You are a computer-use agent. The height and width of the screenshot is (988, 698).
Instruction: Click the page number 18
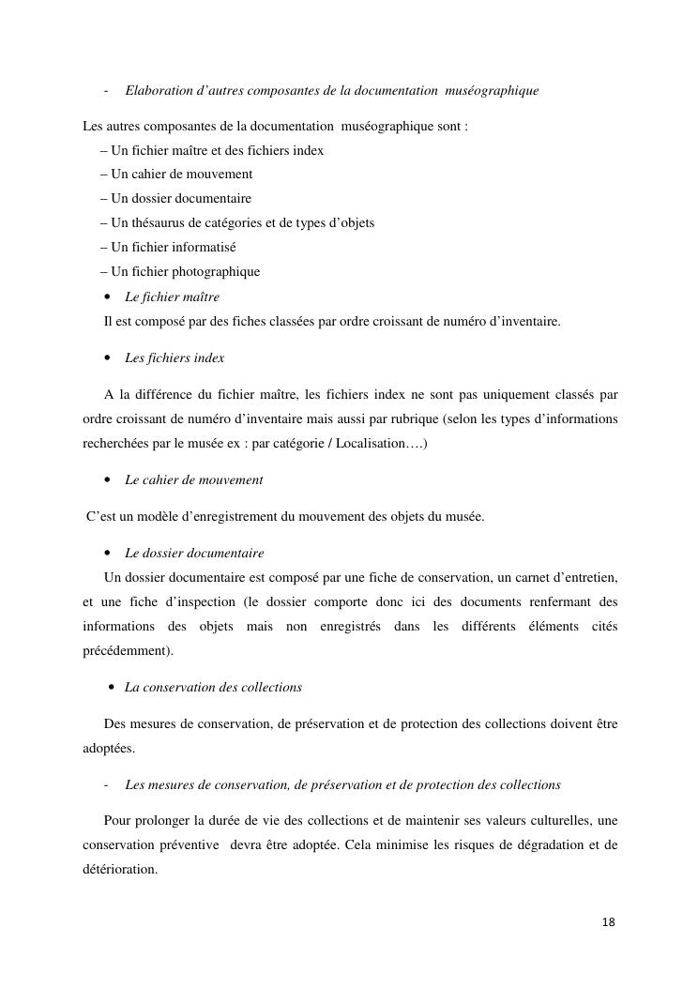[608, 922]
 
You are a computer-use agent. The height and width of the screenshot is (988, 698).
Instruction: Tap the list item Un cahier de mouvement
[176, 174]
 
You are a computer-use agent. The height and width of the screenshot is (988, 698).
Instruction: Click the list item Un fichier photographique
[180, 271]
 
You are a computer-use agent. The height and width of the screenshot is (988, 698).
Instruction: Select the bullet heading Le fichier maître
[172, 296]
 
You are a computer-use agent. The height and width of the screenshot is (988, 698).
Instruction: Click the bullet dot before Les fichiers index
[109, 358]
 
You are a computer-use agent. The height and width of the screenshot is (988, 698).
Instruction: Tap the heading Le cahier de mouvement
[193, 479]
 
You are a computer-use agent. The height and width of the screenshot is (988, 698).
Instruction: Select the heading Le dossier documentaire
[194, 553]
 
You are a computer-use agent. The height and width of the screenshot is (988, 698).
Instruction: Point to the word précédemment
[127, 650]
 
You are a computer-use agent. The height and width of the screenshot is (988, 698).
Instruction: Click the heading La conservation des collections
[213, 687]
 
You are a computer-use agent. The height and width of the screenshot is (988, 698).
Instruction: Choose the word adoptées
[108, 748]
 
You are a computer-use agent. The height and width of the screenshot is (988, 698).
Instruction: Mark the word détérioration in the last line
[119, 869]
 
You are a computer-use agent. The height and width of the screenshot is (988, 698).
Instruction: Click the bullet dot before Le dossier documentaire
[109, 554]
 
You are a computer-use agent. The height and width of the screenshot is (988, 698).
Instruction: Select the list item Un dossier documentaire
[176, 198]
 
